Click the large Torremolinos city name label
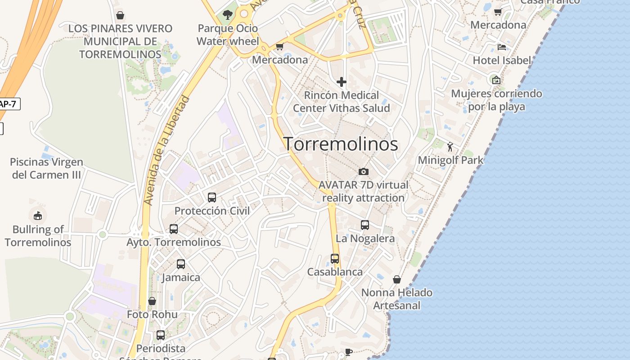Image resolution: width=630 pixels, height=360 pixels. pos(341,144)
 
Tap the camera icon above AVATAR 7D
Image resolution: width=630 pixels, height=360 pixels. pos(364,171)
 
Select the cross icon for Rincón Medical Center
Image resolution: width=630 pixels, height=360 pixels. pos(342,82)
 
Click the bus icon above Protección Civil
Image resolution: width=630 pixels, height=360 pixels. pos(212,197)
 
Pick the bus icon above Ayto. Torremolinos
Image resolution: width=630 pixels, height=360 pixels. pos(174,229)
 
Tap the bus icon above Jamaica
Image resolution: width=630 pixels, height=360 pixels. pos(181,264)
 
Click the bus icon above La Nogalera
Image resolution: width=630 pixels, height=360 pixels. pos(365,225)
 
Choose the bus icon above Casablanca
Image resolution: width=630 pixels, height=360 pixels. pos(335,258)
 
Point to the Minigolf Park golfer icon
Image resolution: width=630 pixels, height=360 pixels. pos(450,146)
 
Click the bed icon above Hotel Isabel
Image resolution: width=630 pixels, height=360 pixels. pos(502,47)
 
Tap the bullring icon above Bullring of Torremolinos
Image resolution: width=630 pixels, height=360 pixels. pos(38,216)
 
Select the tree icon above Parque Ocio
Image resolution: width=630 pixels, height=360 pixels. pos(228,15)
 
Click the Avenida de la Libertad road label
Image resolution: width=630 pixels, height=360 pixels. pos(166,151)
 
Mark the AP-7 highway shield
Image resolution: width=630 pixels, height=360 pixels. pos(8,104)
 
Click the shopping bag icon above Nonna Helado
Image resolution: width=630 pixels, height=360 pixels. pos(397,279)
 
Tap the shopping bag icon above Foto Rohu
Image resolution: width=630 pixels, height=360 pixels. pos(152,301)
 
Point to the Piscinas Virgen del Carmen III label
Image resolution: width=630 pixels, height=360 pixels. pos(46,168)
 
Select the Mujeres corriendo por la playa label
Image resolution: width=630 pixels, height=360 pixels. pos(496,100)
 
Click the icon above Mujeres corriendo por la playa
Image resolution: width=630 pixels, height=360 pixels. pos(496,80)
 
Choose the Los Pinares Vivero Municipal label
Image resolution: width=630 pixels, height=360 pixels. pos(120,41)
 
